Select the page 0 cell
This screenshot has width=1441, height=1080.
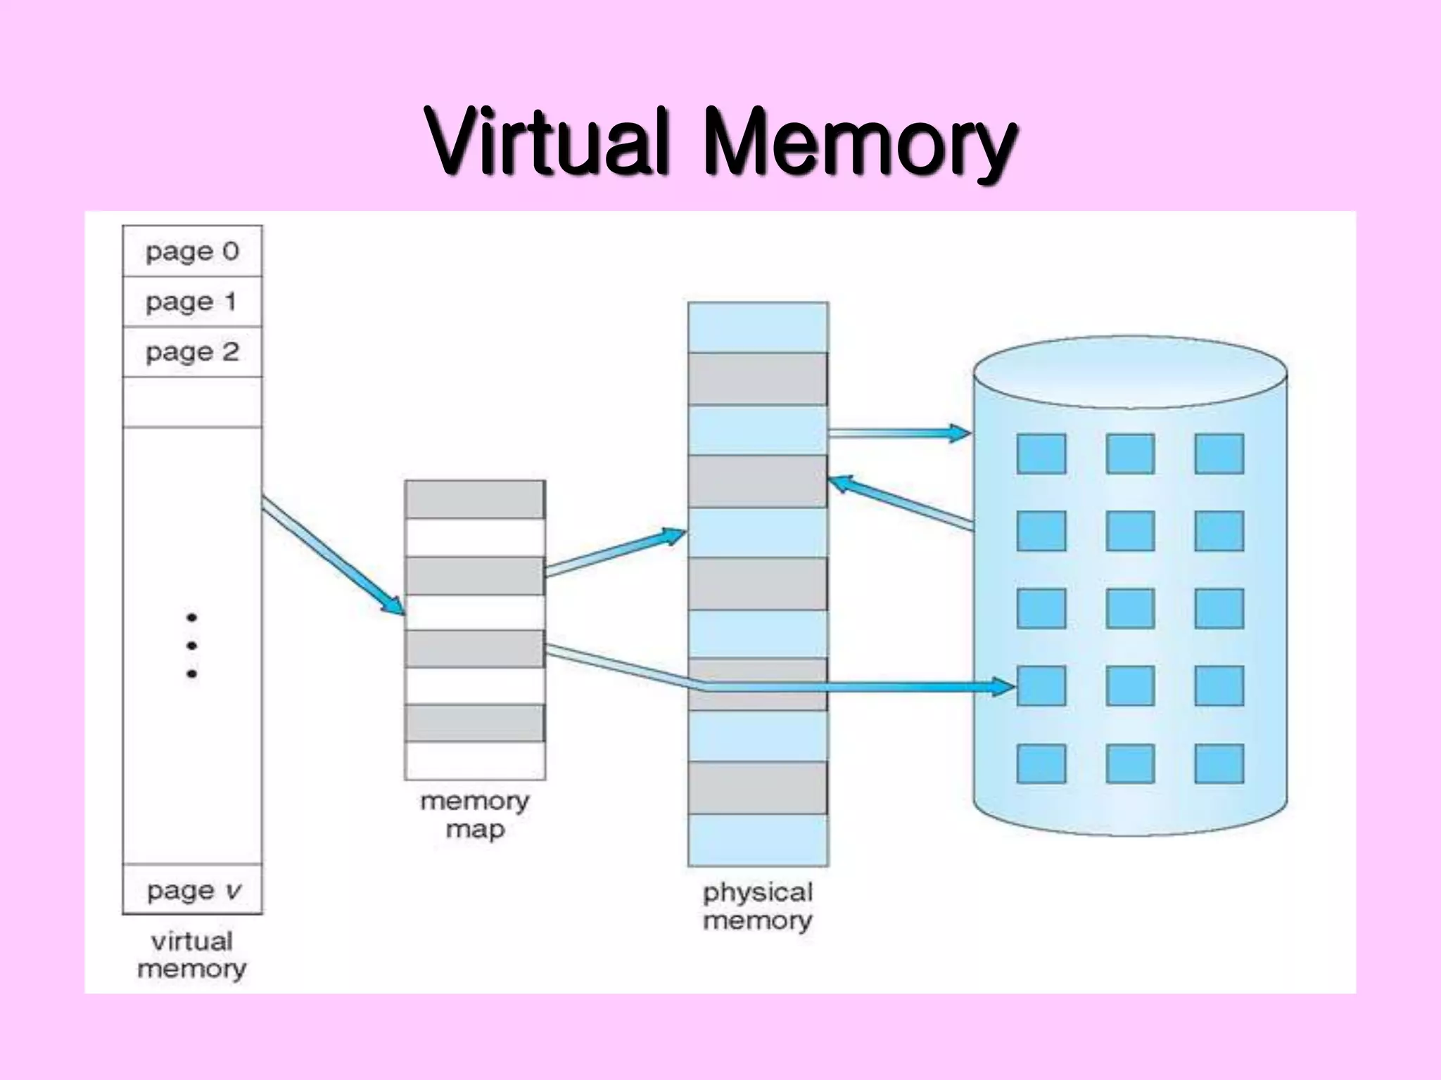(x=192, y=251)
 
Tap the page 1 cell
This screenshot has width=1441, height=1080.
(x=192, y=302)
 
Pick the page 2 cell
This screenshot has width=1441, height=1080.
(x=192, y=352)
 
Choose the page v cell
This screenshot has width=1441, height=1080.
(x=192, y=890)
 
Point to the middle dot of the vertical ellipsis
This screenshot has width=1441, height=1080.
(x=191, y=645)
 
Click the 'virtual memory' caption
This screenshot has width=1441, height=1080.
(x=191, y=955)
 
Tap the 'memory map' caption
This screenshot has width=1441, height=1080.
(x=475, y=815)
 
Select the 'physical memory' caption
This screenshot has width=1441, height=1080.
(x=758, y=906)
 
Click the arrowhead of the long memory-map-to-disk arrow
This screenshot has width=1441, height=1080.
(x=1002, y=686)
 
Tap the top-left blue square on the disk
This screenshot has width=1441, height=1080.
(x=1041, y=454)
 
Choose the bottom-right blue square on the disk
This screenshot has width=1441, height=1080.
(x=1219, y=764)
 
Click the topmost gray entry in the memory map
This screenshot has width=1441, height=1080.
(x=475, y=499)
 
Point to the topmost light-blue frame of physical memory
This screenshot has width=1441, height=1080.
(x=758, y=327)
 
